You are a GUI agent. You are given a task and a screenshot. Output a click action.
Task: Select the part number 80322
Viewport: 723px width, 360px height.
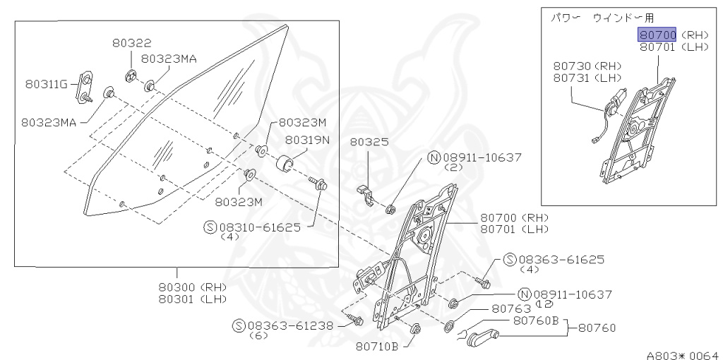click(x=131, y=43)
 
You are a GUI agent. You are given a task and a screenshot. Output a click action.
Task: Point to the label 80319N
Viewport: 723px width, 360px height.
click(x=307, y=140)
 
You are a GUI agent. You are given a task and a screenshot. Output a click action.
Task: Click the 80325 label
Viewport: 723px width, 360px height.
click(x=369, y=141)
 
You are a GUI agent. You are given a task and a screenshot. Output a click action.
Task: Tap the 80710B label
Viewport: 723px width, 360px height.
click(x=377, y=346)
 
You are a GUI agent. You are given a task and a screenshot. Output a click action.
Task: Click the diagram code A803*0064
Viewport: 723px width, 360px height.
click(x=683, y=354)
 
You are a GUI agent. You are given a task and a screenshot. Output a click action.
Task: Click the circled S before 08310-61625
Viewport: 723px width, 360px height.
click(x=210, y=227)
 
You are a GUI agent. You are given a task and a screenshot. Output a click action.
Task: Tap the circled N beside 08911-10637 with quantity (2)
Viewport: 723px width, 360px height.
click(x=434, y=157)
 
